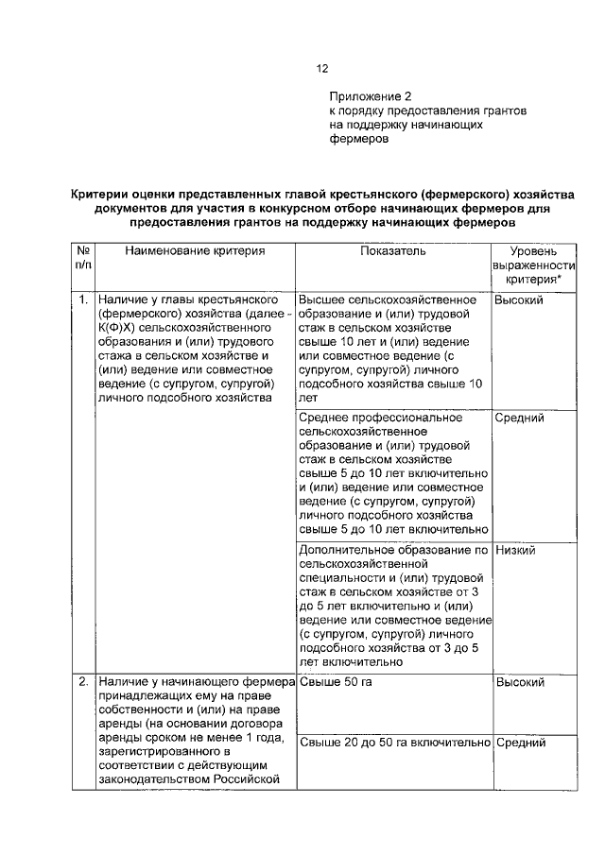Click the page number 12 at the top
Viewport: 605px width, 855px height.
pyautogui.click(x=322, y=68)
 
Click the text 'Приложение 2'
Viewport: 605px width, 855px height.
pyautogui.click(x=371, y=96)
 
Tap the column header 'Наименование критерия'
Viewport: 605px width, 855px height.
pyautogui.click(x=194, y=252)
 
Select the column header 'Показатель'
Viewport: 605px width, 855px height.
pyautogui.click(x=393, y=252)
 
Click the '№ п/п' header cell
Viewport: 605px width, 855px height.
pyautogui.click(x=83, y=259)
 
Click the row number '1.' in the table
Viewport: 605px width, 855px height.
pyautogui.click(x=83, y=299)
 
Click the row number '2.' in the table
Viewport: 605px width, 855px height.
pyautogui.click(x=83, y=681)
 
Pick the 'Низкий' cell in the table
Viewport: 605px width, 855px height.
pyautogui.click(x=515, y=550)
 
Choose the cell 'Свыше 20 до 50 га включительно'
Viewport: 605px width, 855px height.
pyautogui.click(x=393, y=743)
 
